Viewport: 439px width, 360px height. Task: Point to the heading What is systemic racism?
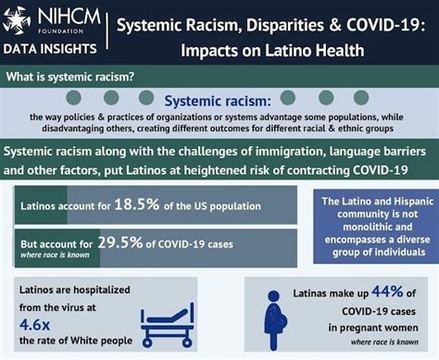tap(67, 79)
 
